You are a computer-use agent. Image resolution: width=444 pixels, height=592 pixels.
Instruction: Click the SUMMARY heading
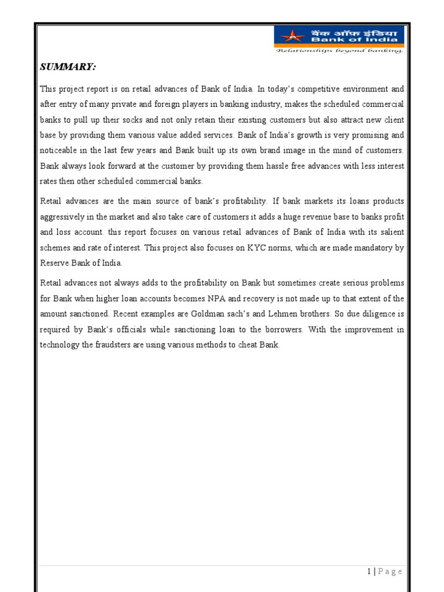click(x=68, y=68)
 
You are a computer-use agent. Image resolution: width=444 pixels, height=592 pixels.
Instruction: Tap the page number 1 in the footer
click(x=369, y=572)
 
